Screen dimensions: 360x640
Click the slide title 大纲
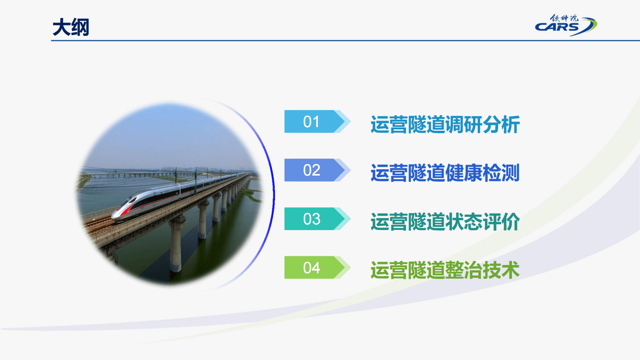point(71,27)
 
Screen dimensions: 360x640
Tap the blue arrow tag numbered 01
point(312,121)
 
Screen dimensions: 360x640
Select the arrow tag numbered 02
point(312,170)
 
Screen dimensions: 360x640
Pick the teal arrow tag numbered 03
point(312,219)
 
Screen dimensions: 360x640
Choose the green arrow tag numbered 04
point(312,268)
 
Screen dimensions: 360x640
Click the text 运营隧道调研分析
point(445,124)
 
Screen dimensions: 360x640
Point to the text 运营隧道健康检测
point(445,173)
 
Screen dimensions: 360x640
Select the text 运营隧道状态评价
point(445,222)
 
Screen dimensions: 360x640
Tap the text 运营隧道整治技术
point(445,270)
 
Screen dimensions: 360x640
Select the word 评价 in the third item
point(501,222)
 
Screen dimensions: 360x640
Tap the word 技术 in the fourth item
point(501,270)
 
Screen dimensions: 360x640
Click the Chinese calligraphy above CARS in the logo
point(564,18)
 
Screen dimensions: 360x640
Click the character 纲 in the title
point(80,27)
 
